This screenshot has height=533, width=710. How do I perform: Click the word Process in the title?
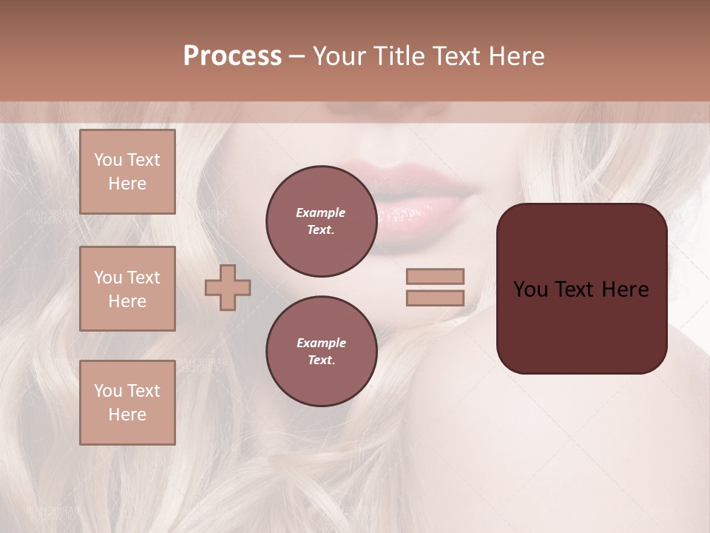232,56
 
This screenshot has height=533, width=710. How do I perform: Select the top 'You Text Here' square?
127,172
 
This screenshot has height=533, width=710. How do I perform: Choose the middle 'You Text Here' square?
127,289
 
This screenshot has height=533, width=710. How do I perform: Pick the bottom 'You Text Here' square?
127,403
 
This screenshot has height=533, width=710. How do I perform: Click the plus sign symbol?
228,287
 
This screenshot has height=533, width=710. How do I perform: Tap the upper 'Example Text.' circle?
321,221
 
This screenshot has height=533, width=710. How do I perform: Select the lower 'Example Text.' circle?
321,351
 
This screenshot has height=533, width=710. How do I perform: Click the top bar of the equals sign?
436,277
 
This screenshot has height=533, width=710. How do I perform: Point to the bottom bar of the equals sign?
436,298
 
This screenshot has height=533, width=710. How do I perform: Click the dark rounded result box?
581,326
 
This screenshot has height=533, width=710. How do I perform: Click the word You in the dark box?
530,289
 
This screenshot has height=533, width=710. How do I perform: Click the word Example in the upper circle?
321,212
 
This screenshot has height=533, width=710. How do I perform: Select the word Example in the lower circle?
321,343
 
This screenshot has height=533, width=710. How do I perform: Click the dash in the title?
297,56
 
